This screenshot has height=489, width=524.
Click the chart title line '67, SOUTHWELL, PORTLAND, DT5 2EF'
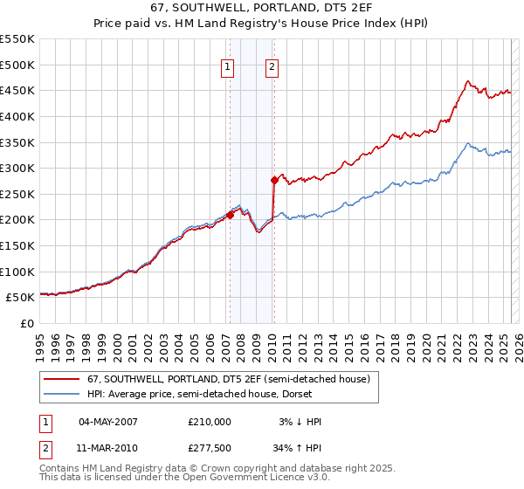(x=262, y=8)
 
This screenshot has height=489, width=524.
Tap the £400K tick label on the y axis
(x=17, y=116)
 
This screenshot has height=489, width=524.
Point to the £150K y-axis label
(x=17, y=245)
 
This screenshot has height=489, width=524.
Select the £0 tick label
(x=26, y=323)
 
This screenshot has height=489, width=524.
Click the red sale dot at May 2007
(x=230, y=214)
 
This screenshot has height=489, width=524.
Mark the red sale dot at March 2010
(x=273, y=180)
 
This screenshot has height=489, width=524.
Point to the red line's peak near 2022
(x=468, y=82)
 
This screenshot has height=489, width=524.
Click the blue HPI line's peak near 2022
(x=468, y=143)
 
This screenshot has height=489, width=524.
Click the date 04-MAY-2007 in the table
(x=108, y=422)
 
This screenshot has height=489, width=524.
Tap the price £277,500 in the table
(x=210, y=447)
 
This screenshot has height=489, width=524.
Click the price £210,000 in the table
(x=210, y=422)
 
